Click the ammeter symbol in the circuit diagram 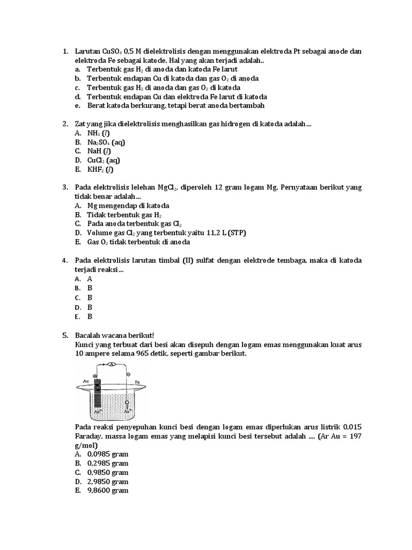tap(112, 364)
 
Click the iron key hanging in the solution tap(127, 403)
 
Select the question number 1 tap(64, 52)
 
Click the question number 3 tap(64, 187)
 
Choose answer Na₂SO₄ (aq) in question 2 tap(107, 142)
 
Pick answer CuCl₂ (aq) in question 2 tap(104, 160)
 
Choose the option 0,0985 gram tap(108, 454)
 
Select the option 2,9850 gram tap(108, 481)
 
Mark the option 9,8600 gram tap(108, 490)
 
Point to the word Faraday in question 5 tap(91, 436)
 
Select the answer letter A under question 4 tap(90, 279)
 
